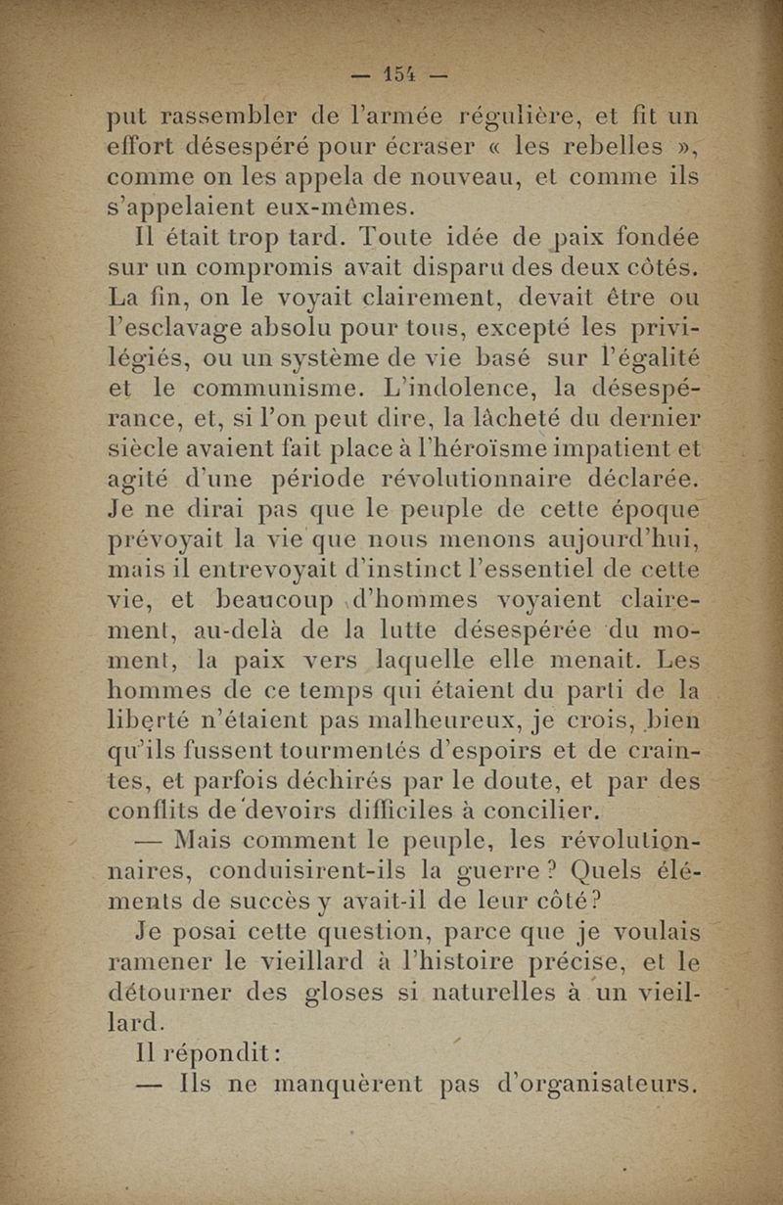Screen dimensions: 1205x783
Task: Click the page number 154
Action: click(400, 74)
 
